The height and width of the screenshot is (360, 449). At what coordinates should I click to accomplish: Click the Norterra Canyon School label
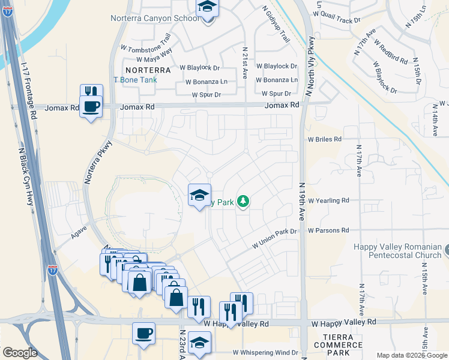(155, 18)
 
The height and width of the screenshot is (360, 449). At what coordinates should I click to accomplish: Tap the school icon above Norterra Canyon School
(208, 8)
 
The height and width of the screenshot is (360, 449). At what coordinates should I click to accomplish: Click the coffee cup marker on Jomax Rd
(91, 107)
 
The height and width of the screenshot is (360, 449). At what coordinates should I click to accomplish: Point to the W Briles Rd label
(325, 139)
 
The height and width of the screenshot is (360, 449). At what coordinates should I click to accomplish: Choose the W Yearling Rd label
(328, 200)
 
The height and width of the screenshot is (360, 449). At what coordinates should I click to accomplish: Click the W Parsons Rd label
(328, 230)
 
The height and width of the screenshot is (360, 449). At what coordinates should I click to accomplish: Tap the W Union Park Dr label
(274, 239)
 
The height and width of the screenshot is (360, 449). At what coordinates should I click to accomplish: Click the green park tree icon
(243, 202)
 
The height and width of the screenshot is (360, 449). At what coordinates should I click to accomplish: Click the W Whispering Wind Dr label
(265, 353)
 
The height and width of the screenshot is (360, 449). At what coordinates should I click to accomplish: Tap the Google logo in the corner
(20, 353)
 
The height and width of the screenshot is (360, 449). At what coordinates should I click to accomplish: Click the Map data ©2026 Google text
(411, 355)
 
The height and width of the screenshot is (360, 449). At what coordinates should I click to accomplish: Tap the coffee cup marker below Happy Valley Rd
(143, 333)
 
